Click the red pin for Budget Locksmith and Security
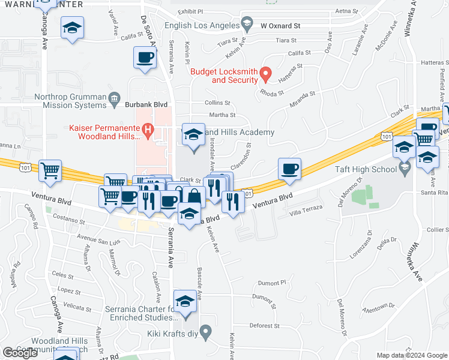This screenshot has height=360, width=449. click(267, 74)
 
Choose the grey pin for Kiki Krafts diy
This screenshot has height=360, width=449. click(206, 331)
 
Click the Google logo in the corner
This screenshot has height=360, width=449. click(20, 353)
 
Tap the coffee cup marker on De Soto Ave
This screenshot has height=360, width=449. click(145, 58)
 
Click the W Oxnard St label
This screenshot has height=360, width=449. click(280, 26)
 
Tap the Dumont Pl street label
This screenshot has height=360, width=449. click(273, 282)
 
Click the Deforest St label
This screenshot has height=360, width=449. click(264, 326)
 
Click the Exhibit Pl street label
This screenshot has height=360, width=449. click(191, 11)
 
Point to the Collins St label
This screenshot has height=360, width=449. click(217, 103)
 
